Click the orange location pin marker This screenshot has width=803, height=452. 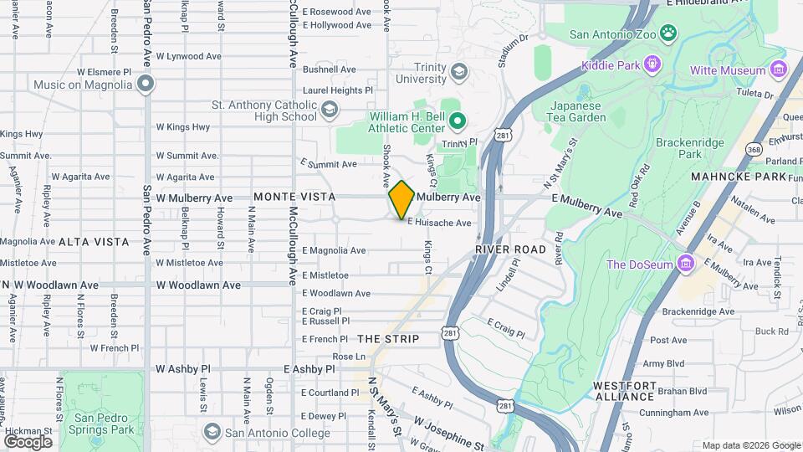[x=401, y=200]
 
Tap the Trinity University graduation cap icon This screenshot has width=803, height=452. [x=458, y=72]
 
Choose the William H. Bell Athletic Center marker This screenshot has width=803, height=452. [x=457, y=122]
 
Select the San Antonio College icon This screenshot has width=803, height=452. [x=212, y=431]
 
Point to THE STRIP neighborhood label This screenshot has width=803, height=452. [x=387, y=339]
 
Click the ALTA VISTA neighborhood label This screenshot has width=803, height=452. [x=94, y=242]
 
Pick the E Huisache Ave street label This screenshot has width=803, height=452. [x=439, y=223]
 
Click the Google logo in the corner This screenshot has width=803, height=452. [x=27, y=441]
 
